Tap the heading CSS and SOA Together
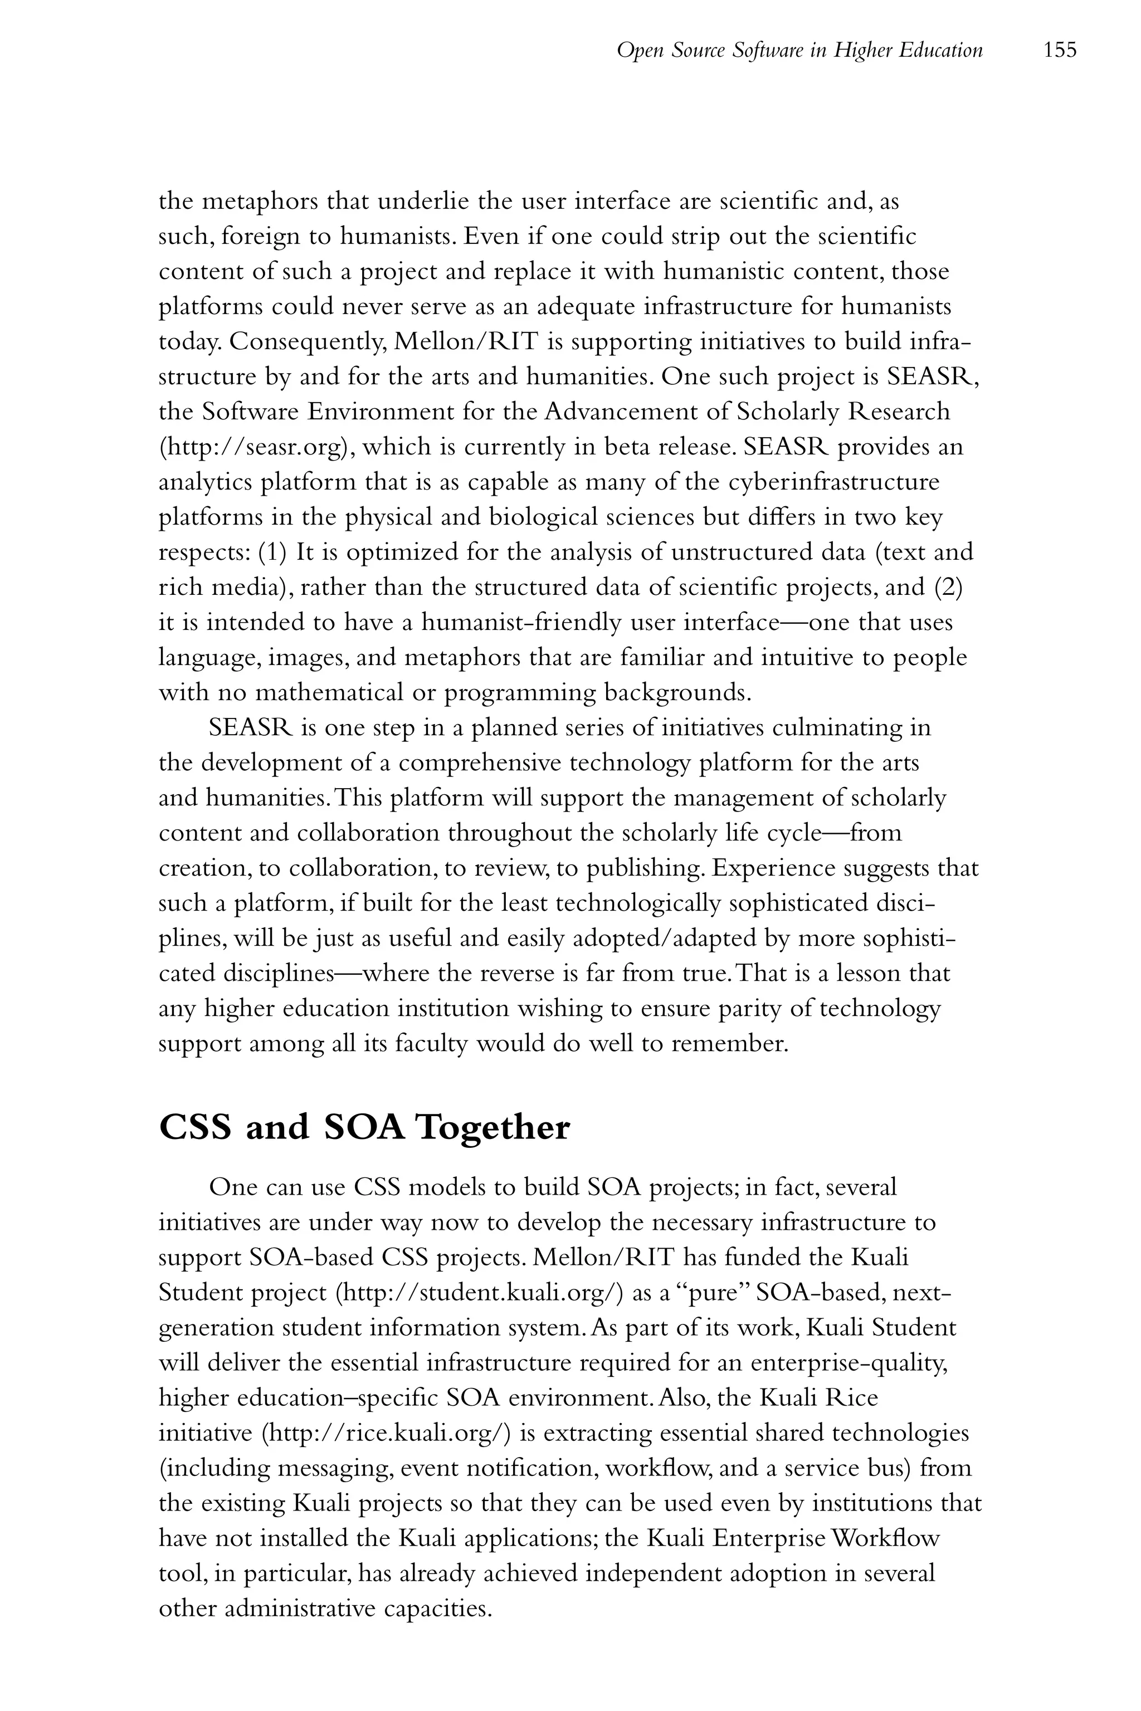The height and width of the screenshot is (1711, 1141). (x=364, y=1128)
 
